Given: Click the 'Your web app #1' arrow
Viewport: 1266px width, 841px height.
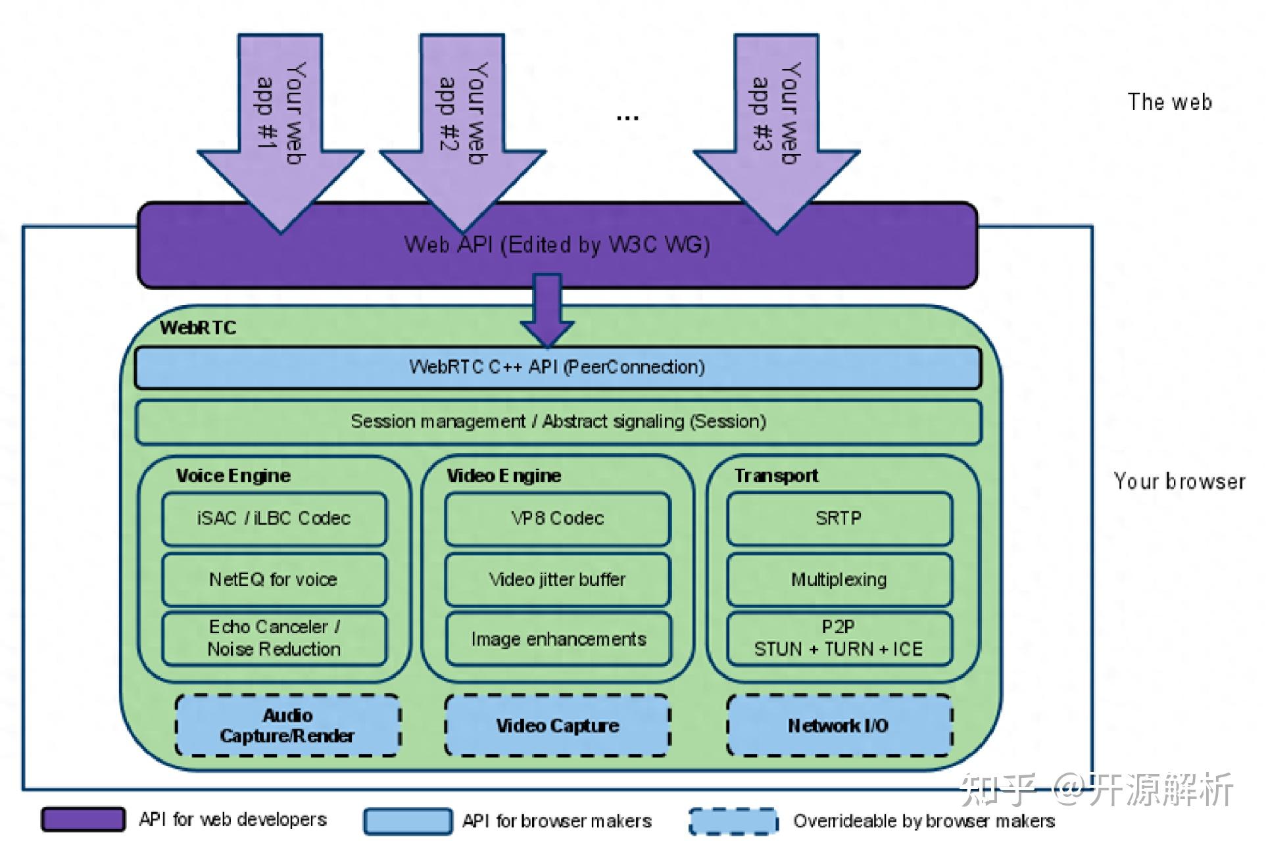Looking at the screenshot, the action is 281,132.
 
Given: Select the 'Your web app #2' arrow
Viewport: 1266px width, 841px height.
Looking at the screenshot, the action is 462,132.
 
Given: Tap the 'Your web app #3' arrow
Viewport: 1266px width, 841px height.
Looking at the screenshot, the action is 777,132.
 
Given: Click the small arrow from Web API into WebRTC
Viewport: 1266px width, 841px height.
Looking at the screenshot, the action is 547,309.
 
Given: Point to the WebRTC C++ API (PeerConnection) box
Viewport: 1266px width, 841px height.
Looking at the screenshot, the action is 558,367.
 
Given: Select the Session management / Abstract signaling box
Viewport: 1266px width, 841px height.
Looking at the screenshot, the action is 558,421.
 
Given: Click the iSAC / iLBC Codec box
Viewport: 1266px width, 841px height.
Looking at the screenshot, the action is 274,519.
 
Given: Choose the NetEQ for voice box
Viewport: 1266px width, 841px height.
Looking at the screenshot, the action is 274,579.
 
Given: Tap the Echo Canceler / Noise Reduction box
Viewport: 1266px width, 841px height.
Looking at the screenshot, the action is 274,638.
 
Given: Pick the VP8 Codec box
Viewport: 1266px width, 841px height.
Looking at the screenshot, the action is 558,519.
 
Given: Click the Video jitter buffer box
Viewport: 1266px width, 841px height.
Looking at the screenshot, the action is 558,579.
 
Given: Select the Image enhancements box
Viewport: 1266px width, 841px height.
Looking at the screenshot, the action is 558,638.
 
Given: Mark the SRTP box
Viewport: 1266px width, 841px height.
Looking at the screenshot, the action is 839,519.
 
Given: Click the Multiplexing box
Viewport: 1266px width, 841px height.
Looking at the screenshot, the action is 839,579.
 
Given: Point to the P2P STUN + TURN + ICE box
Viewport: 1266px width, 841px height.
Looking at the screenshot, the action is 839,638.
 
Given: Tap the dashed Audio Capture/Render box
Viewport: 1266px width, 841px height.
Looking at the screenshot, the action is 287,725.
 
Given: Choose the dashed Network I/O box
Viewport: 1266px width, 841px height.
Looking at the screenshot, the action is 839,725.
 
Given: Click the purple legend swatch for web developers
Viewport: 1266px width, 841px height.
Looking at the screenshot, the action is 83,819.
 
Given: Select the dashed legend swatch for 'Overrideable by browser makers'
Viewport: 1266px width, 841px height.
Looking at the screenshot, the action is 733,821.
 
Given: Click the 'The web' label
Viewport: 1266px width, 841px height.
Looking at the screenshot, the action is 1169,102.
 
